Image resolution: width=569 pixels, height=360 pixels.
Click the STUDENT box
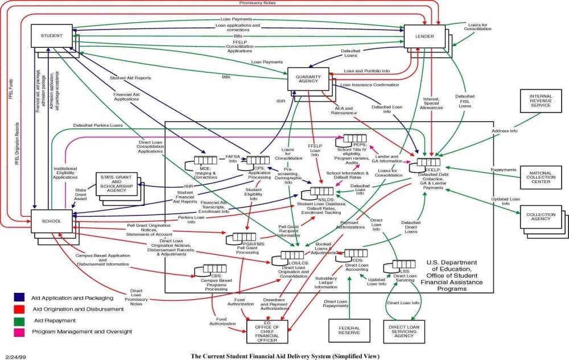point(51,36)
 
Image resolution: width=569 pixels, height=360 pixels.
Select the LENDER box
point(424,36)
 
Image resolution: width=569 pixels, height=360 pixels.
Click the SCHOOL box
point(51,221)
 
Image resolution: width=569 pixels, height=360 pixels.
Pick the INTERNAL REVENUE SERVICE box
point(540,101)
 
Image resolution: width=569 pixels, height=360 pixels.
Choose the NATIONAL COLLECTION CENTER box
point(540,177)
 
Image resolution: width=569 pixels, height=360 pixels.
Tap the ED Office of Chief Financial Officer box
point(267,331)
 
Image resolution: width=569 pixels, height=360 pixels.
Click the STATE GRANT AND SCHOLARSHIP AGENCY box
point(116,184)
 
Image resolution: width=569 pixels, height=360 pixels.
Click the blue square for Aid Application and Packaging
point(19,297)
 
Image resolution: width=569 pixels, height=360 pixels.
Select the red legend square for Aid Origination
point(19,308)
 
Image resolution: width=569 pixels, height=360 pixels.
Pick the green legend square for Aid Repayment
point(19,320)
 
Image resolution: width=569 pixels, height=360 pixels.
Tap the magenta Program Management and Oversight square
point(19,331)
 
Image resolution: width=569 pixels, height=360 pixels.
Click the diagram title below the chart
point(284,356)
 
